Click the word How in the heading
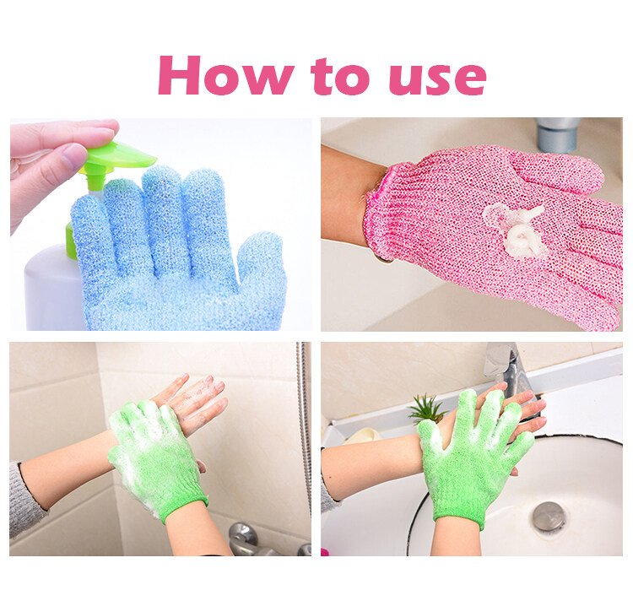click(225, 75)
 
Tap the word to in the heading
click(340, 76)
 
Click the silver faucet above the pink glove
click(558, 134)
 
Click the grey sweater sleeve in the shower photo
click(25, 501)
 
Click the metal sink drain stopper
click(549, 516)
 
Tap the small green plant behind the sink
click(426, 409)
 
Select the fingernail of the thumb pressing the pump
click(74, 155)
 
